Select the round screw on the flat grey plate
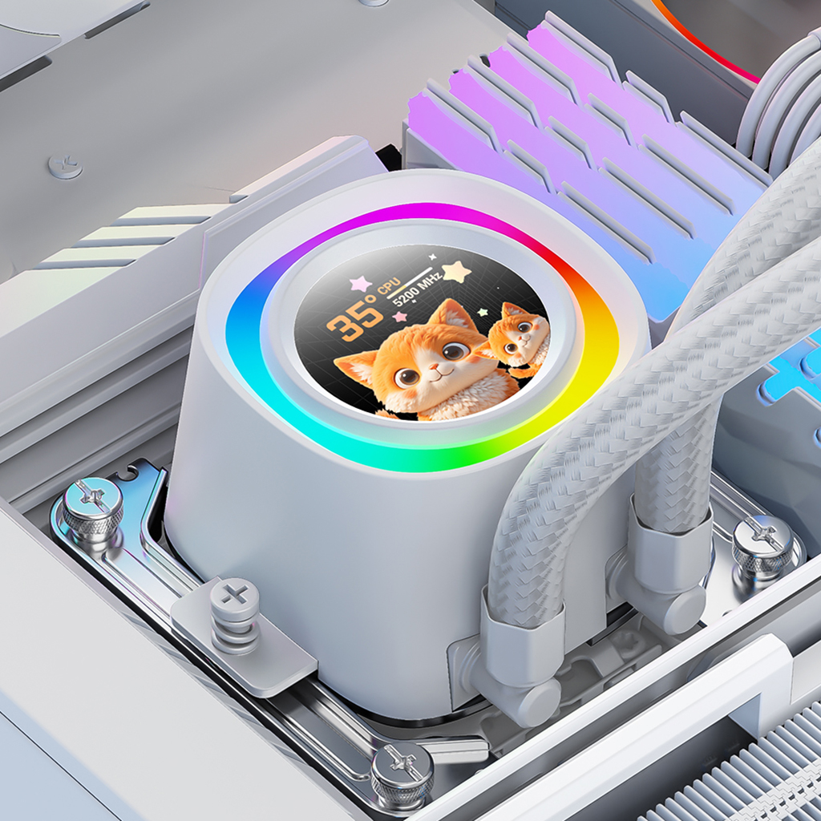point(65,165)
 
